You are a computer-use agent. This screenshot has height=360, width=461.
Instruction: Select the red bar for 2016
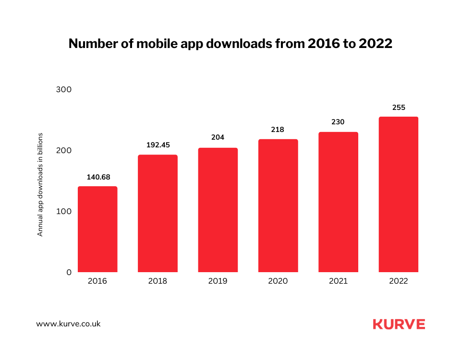tap(97, 229)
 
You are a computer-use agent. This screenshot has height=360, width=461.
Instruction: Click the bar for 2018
tap(158, 214)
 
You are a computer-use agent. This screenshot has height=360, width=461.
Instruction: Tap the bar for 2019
tap(218, 210)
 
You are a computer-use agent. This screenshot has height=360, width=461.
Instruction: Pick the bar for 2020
tap(278, 206)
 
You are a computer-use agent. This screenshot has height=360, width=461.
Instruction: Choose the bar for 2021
tap(338, 202)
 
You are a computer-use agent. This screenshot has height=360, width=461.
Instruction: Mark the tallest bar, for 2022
tap(399, 194)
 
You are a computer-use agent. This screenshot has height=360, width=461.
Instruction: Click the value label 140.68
tap(97, 177)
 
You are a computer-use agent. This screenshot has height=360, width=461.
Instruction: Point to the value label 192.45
tap(158, 145)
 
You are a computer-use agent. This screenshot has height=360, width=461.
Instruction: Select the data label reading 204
tap(218, 137)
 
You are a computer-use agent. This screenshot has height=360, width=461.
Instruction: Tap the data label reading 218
tap(278, 130)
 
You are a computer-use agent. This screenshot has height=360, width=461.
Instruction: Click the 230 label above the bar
tap(338, 122)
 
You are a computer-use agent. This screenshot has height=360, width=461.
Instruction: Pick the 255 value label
tap(399, 108)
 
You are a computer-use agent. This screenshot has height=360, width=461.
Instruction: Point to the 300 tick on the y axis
tap(64, 90)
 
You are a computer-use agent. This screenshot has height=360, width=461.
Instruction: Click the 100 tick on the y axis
tap(64, 211)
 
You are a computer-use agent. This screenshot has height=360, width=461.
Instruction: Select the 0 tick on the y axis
tap(69, 272)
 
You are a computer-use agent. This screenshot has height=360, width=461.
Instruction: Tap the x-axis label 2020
tap(278, 281)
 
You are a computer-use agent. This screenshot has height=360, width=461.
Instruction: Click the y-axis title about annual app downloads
tap(40, 184)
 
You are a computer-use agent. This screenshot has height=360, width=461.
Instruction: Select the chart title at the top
tap(230, 44)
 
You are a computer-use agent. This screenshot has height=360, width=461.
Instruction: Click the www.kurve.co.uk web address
tap(69, 324)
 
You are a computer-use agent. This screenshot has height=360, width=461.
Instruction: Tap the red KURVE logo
tap(399, 324)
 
